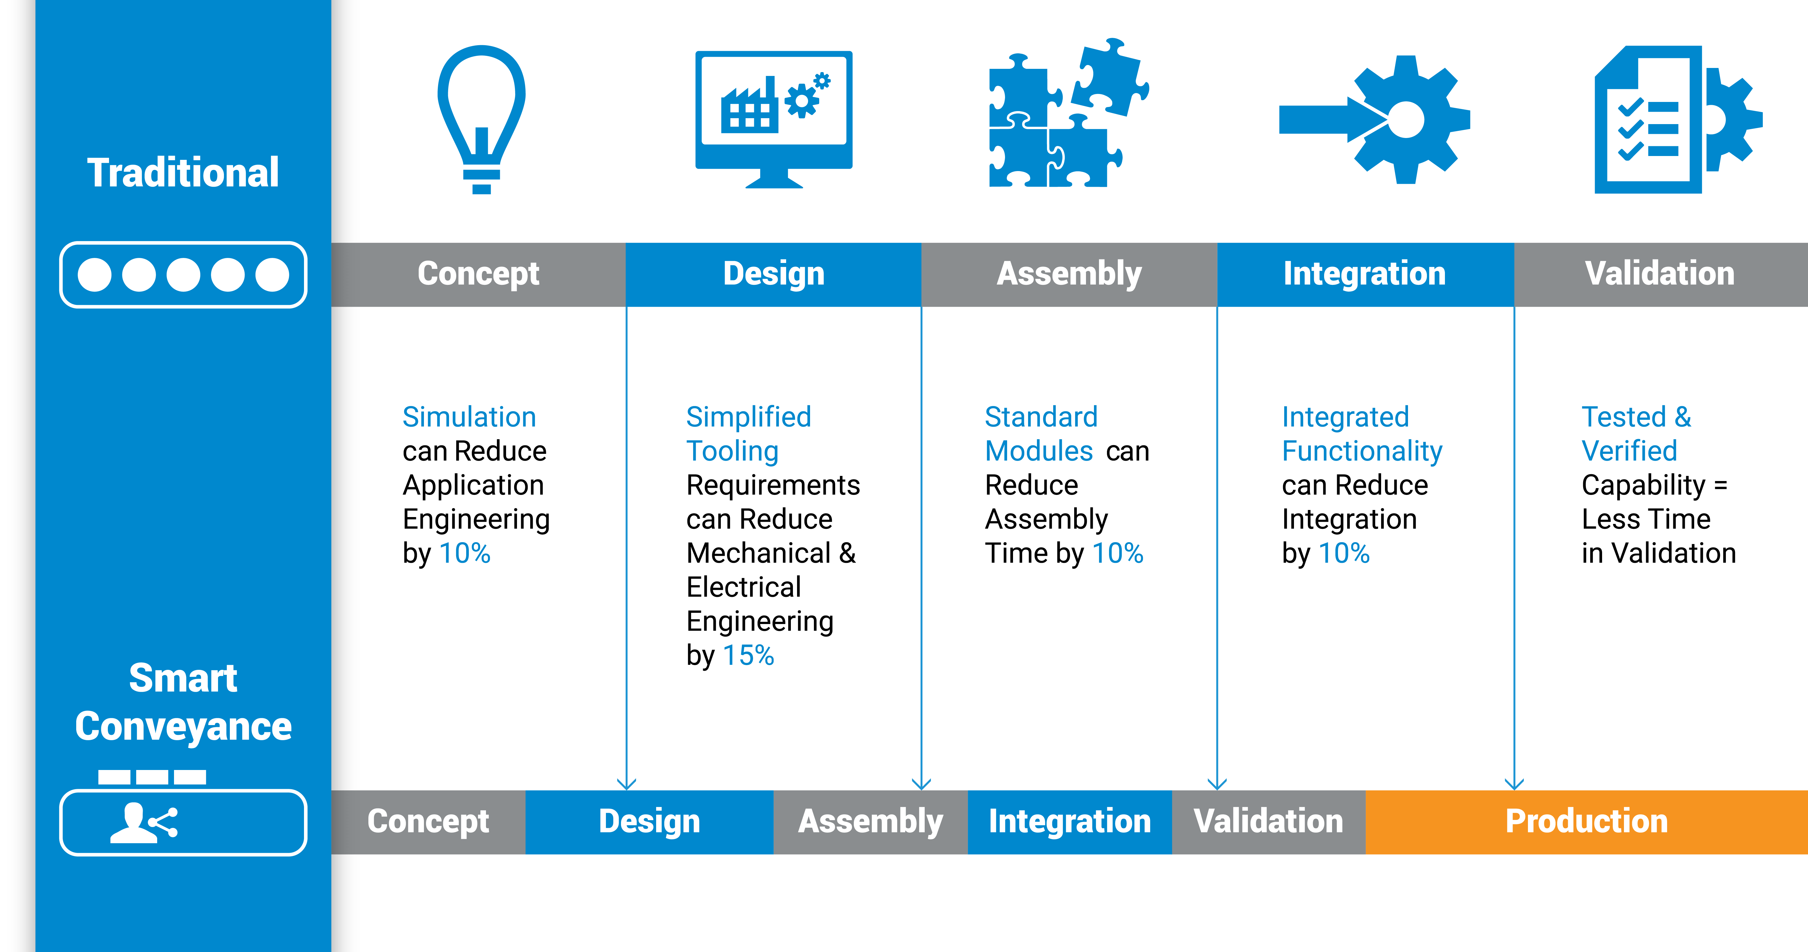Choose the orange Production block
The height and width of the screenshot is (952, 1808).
(x=1586, y=821)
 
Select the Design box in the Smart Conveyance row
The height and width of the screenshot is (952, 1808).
(x=649, y=821)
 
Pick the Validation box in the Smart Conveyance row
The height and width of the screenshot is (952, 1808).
(x=1268, y=821)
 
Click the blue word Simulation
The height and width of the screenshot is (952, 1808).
(x=469, y=417)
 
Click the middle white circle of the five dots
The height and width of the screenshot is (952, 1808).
(x=183, y=274)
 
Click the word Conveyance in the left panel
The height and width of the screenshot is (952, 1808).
(x=183, y=726)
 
